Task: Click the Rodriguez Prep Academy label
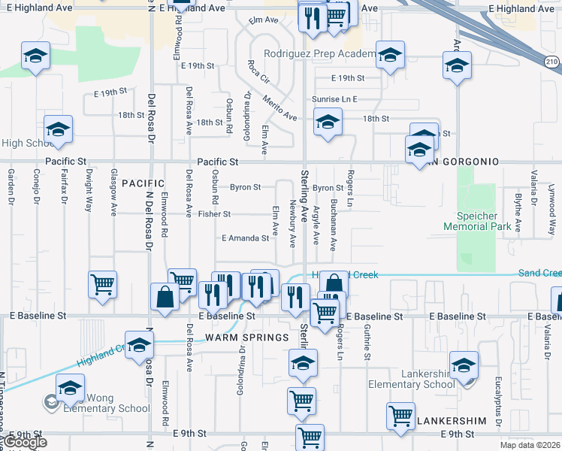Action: pos(319,54)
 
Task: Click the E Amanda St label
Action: pos(245,238)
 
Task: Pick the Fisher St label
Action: pos(214,214)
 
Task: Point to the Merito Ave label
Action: pos(279,109)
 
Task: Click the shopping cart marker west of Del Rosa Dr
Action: pos(103,285)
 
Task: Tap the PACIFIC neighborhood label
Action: pos(143,183)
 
